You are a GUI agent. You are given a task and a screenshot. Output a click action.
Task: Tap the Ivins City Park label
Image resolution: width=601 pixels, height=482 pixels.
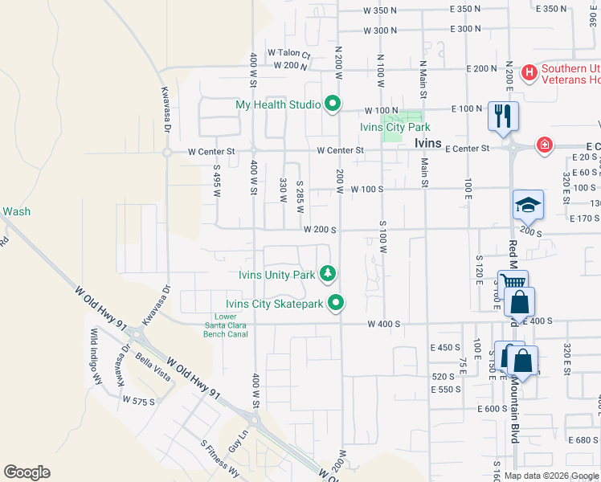pos(395,127)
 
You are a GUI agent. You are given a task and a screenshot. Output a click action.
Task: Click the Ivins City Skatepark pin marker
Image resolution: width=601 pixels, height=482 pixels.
pos(337,303)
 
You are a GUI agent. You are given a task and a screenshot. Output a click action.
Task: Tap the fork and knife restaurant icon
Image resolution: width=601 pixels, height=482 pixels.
pos(503,115)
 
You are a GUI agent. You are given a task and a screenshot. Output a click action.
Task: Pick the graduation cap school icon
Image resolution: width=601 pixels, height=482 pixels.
pos(528,205)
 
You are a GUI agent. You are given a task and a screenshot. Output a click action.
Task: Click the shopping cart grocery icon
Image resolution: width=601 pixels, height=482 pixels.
pos(512,284)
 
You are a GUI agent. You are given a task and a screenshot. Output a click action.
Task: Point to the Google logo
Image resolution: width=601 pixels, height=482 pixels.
pos(27,472)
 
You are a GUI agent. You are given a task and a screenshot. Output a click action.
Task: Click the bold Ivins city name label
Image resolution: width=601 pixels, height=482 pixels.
pos(428,143)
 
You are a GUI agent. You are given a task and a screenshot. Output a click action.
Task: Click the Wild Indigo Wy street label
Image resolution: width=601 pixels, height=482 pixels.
pos(99,357)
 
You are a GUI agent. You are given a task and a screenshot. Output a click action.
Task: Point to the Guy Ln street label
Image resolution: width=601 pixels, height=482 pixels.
pos(235,441)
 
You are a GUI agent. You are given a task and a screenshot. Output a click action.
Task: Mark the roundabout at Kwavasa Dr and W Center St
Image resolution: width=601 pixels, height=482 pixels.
pos(166,151)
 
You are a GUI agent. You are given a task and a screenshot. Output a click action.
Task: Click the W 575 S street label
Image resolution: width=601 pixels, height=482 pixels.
pos(138,399)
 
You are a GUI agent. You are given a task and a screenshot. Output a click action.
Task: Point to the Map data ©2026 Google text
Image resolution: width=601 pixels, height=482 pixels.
pos(550,476)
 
